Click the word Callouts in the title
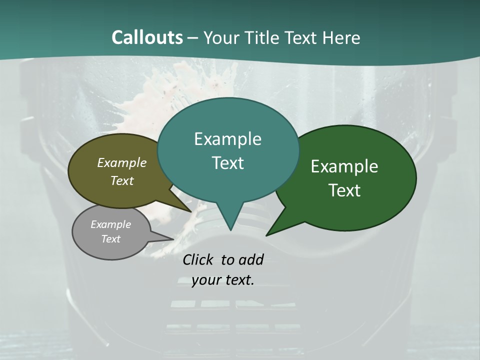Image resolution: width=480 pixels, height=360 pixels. [147, 37]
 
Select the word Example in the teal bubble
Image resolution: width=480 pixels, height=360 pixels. [227, 139]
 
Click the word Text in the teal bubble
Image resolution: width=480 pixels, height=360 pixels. [227, 163]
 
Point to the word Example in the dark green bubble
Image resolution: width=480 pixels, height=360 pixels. [344, 166]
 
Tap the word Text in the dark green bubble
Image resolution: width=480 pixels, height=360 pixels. [344, 190]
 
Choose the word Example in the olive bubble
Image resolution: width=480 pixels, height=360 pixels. [122, 162]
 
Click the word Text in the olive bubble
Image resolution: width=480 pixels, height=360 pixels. [122, 180]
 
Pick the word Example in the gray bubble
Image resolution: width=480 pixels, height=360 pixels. [110, 224]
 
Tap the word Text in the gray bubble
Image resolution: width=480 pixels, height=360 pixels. [110, 239]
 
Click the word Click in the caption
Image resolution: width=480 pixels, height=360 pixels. [199, 259]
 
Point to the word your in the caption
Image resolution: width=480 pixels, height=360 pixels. [205, 280]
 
